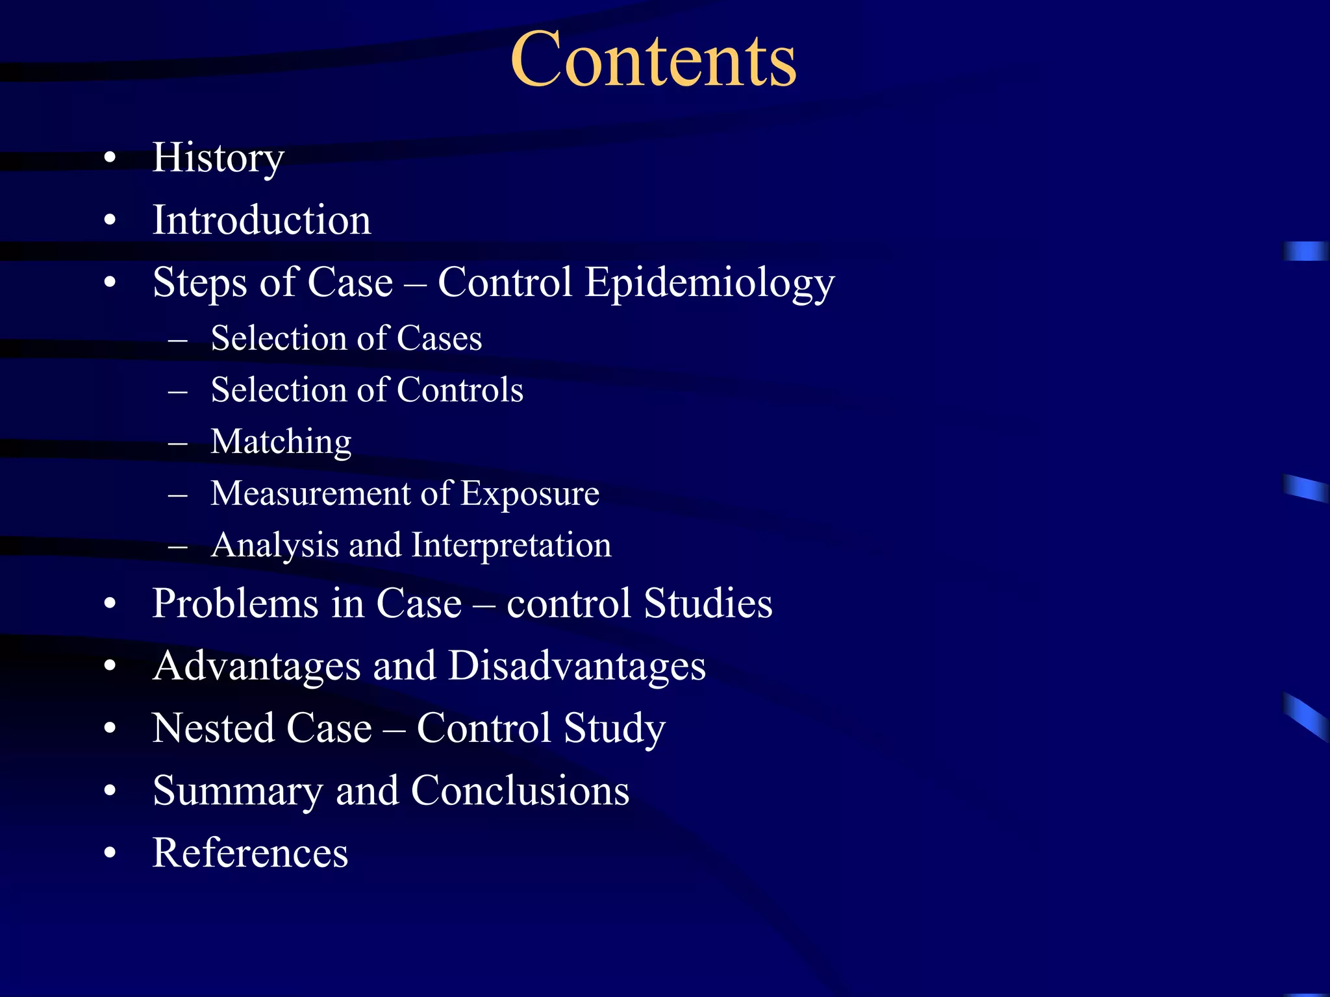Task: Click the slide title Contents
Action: (653, 60)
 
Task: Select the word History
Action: (218, 158)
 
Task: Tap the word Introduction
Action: (262, 220)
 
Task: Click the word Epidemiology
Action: (709, 283)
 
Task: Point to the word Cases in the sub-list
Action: (439, 338)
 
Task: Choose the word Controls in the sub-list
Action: (460, 390)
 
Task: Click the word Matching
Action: (281, 442)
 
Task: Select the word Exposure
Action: (529, 493)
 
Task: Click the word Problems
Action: (236, 604)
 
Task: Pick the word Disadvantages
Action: (577, 666)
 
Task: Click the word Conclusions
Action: (520, 791)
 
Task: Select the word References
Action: (250, 852)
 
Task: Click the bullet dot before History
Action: (110, 158)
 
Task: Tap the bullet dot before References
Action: (110, 852)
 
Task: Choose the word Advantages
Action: (256, 666)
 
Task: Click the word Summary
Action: (237, 791)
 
